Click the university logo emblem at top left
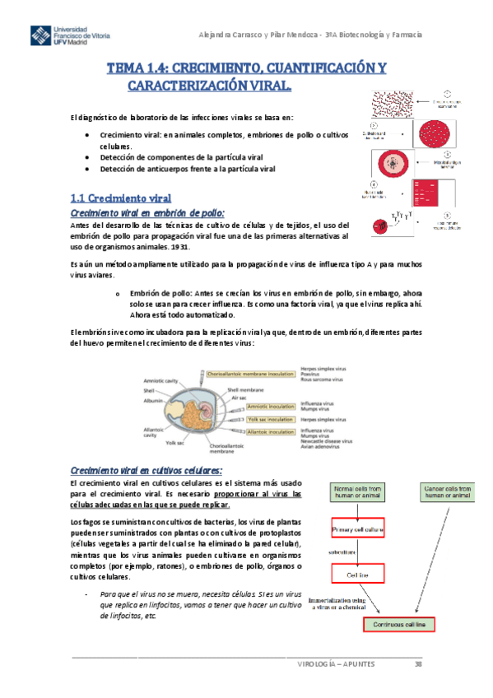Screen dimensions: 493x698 [38, 38]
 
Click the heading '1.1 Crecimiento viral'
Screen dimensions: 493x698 [121, 198]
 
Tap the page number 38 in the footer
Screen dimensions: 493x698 [418, 663]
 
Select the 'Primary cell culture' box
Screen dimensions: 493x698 [358, 529]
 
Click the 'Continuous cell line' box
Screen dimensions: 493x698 [399, 624]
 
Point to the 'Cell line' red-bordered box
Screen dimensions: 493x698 [357, 575]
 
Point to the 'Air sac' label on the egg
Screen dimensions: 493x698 [240, 397]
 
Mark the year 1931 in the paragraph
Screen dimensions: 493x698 [179, 246]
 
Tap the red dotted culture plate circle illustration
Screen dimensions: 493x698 [435, 132]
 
